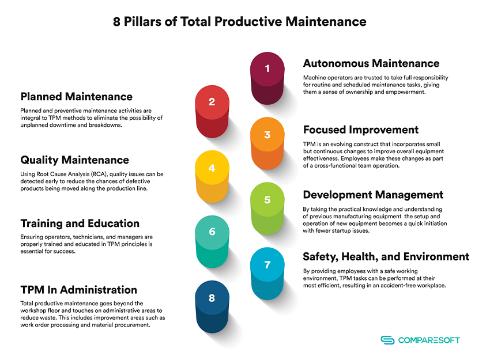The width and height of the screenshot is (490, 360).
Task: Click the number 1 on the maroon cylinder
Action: click(x=267, y=69)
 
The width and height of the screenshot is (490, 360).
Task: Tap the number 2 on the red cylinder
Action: click(x=212, y=102)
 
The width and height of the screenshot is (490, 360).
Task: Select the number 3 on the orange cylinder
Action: click(x=267, y=135)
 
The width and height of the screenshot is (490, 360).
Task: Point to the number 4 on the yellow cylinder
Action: click(x=212, y=168)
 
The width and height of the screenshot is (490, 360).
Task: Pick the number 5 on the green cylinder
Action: click(x=267, y=200)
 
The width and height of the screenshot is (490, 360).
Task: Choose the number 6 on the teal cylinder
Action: click(x=212, y=232)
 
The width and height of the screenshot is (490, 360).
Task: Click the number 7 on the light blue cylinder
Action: click(x=267, y=265)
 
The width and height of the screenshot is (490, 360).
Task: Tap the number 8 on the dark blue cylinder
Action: click(x=212, y=298)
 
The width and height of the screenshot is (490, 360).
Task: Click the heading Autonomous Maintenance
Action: click(x=371, y=63)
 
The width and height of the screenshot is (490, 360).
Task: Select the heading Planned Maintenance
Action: click(x=77, y=96)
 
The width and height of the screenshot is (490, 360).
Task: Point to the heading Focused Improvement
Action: click(x=361, y=130)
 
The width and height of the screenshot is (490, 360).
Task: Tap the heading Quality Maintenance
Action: click(x=74, y=160)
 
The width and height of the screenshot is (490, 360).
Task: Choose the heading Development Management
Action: click(x=373, y=195)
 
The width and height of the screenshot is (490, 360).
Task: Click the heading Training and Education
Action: click(x=80, y=223)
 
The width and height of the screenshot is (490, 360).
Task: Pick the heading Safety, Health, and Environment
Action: click(x=386, y=256)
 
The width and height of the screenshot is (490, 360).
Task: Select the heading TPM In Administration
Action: click(x=79, y=290)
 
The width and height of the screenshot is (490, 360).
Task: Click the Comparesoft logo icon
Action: click(x=387, y=340)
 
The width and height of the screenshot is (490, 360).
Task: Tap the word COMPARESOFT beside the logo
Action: click(x=429, y=340)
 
